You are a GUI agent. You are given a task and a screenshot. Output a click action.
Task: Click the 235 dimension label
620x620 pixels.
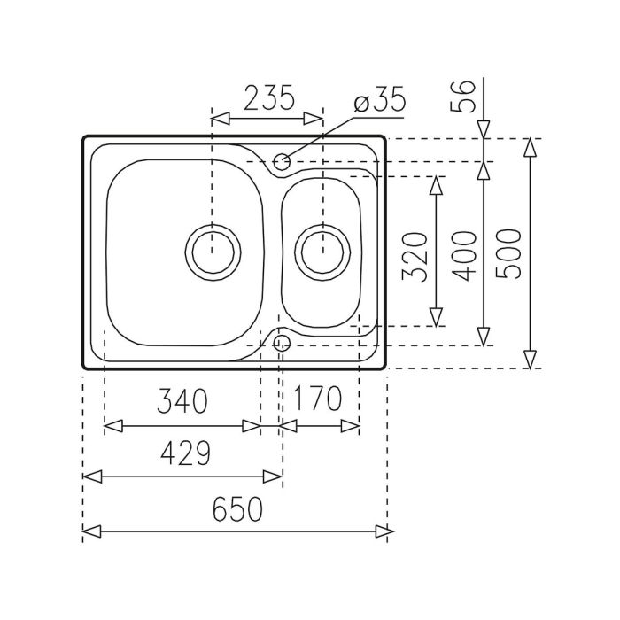[x=269, y=98]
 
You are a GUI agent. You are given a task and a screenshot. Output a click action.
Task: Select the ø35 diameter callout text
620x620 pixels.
[x=379, y=99]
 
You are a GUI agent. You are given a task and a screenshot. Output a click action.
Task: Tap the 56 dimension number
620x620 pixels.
[x=467, y=96]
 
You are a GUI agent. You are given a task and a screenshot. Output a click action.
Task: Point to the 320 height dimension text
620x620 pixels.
[x=415, y=256]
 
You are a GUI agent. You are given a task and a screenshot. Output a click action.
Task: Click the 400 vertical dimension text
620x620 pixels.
[x=464, y=256]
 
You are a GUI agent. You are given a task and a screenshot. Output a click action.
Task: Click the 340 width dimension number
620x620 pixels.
[x=182, y=401]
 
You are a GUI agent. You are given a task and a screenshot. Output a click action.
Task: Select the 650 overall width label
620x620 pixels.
[x=238, y=508]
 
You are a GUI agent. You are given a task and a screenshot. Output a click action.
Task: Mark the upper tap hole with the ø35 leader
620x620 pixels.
[x=283, y=161]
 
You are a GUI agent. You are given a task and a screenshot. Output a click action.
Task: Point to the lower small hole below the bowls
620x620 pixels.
[x=283, y=342]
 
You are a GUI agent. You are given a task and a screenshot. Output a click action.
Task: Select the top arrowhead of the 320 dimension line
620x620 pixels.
[x=436, y=184]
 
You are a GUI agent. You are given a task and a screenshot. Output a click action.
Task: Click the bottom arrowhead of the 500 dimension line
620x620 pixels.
[x=530, y=360]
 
